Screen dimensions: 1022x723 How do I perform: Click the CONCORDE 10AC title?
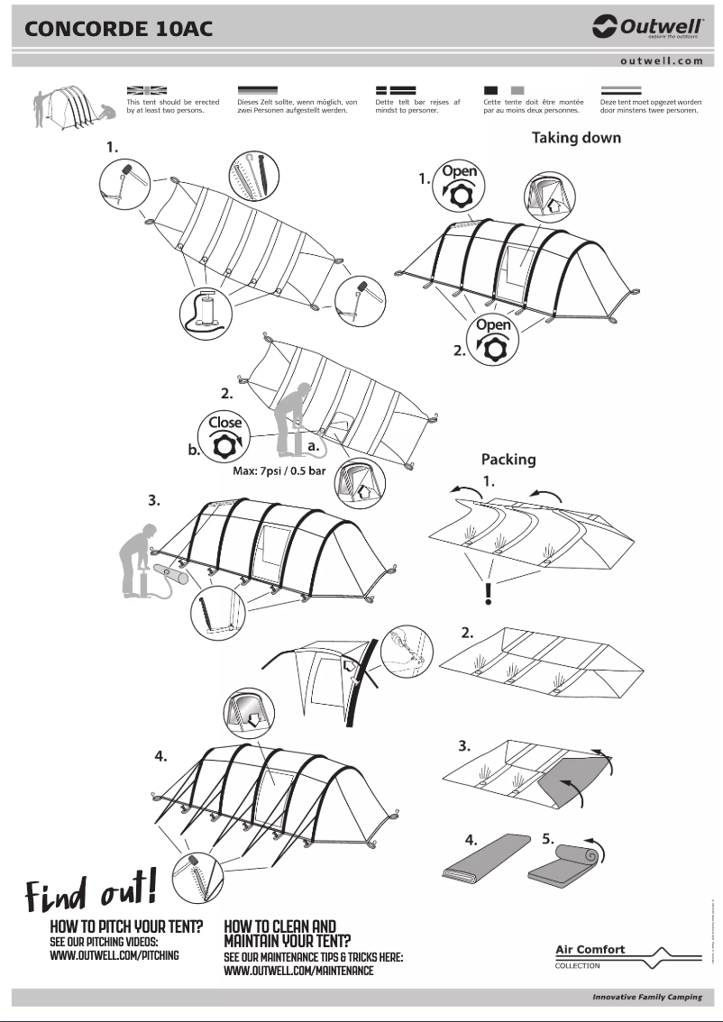click(118, 28)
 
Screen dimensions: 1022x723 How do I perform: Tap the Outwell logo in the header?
click(647, 28)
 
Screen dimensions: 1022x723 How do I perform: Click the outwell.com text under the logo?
click(661, 60)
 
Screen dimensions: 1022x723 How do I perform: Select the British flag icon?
click(147, 90)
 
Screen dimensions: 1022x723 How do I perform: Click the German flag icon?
click(258, 90)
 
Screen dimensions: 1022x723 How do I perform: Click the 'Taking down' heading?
click(575, 138)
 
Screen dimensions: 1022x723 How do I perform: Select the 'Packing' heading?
click(508, 459)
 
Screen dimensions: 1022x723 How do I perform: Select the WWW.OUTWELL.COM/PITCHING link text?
click(114, 955)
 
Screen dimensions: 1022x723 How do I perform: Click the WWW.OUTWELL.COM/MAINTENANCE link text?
click(297, 971)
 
